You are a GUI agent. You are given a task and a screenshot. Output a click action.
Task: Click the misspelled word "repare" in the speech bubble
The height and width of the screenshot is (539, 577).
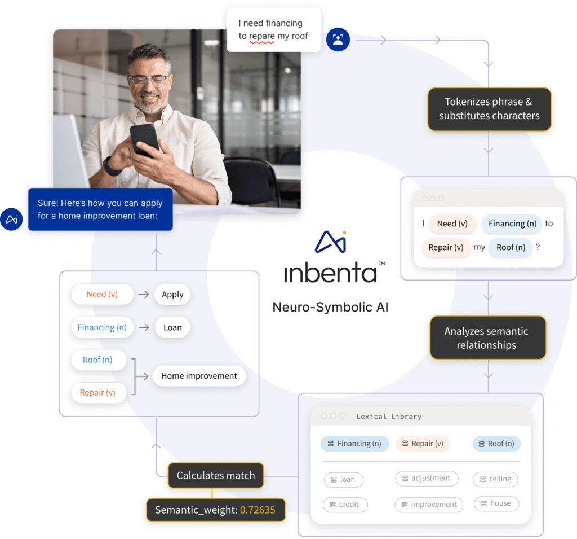point(262,36)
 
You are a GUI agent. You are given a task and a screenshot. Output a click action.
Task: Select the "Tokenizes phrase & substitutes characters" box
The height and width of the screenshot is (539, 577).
point(489,109)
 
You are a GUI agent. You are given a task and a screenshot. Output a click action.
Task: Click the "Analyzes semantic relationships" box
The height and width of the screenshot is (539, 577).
point(487,338)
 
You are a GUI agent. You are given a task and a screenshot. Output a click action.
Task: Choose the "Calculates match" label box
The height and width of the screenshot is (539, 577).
point(216,475)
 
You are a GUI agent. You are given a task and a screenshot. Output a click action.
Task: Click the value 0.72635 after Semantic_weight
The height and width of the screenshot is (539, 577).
point(258,510)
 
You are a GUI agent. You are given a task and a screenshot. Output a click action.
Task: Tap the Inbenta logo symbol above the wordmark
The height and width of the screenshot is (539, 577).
point(331,241)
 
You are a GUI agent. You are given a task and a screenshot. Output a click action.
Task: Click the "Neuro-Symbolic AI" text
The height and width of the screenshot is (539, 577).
point(330,308)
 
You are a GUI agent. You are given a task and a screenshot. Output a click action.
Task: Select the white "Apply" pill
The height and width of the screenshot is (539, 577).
point(172,294)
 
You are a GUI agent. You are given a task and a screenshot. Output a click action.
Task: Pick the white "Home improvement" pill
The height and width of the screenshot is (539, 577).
point(199,376)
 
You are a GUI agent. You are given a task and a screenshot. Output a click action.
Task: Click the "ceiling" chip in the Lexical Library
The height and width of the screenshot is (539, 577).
point(495,479)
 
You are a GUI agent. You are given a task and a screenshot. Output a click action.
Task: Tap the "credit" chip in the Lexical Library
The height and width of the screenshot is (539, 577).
point(345,504)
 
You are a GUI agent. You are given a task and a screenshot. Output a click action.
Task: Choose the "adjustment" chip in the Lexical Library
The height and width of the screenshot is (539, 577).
point(426,478)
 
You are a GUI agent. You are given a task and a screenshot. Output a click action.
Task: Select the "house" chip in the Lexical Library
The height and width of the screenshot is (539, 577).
point(496,503)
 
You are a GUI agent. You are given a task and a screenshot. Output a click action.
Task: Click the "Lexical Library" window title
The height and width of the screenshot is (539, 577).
point(389,417)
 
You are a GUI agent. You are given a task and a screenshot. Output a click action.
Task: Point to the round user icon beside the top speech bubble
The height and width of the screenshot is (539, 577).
point(338,40)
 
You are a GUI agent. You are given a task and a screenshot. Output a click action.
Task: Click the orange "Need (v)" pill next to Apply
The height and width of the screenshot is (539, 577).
point(102,294)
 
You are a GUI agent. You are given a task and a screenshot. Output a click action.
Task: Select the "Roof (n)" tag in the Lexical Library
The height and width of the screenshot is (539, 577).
point(496,444)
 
